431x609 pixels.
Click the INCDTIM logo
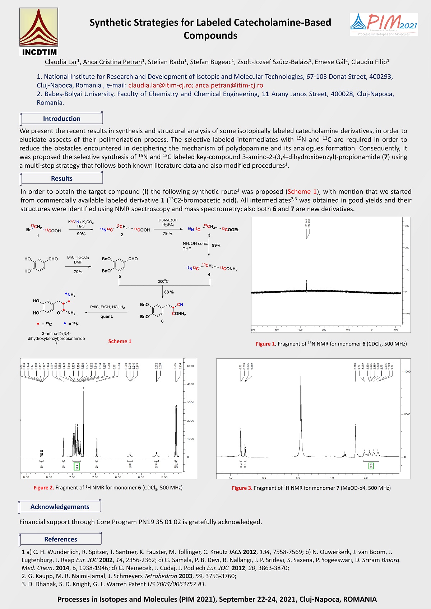[x=38, y=32]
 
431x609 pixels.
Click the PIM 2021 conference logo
[x=384, y=24]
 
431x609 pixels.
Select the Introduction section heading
[x=61, y=118]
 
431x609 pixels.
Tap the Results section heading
[x=61, y=178]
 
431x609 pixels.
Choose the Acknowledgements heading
[x=60, y=507]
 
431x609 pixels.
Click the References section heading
[x=60, y=539]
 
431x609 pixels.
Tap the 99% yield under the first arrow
[x=81, y=234]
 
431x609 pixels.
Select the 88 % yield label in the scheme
[x=169, y=292]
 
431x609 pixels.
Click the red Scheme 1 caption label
[x=120, y=341]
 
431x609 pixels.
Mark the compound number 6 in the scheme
[x=162, y=321]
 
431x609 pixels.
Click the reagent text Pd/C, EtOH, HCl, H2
[x=107, y=307]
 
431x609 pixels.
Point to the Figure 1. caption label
[x=266, y=344]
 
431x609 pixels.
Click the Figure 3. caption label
[x=242, y=488]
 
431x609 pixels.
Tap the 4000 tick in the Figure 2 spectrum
[x=190, y=384]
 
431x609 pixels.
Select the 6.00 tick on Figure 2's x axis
[x=141, y=477]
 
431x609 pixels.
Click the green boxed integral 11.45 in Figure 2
[x=76, y=466]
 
